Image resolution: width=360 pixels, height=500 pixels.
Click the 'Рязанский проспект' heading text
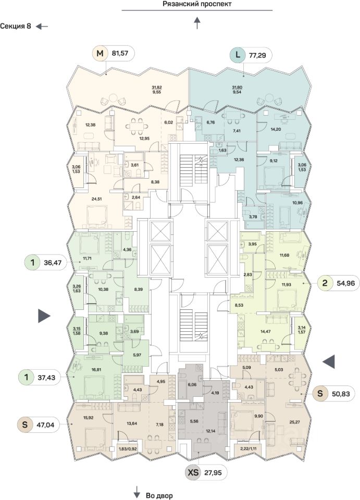(x=197, y=4)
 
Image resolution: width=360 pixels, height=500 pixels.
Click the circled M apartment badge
(x=100, y=53)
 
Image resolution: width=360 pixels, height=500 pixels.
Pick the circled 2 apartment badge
(x=325, y=284)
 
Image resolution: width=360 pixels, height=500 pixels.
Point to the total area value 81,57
(x=119, y=53)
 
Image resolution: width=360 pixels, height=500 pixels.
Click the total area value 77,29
(x=258, y=54)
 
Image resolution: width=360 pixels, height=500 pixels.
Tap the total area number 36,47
(x=52, y=263)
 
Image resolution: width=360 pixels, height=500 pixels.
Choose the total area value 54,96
(x=344, y=284)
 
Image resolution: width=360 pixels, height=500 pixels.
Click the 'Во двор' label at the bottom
(x=159, y=495)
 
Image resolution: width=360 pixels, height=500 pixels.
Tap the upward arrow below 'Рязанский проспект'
(x=197, y=23)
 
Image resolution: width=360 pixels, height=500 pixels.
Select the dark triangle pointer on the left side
(x=44, y=315)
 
